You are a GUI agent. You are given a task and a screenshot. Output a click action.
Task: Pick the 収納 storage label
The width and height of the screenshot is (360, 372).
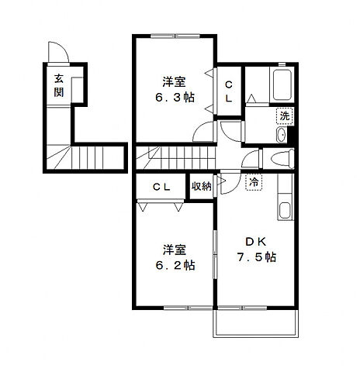201,186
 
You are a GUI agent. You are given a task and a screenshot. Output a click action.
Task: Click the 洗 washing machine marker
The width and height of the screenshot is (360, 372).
285,115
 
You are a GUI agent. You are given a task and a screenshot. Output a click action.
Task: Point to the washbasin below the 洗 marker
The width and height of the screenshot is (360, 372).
282,135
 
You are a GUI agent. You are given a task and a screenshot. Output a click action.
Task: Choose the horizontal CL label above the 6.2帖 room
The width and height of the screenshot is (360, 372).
161,186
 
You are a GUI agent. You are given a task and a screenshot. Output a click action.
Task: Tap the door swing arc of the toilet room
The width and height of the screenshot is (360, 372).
251,161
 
